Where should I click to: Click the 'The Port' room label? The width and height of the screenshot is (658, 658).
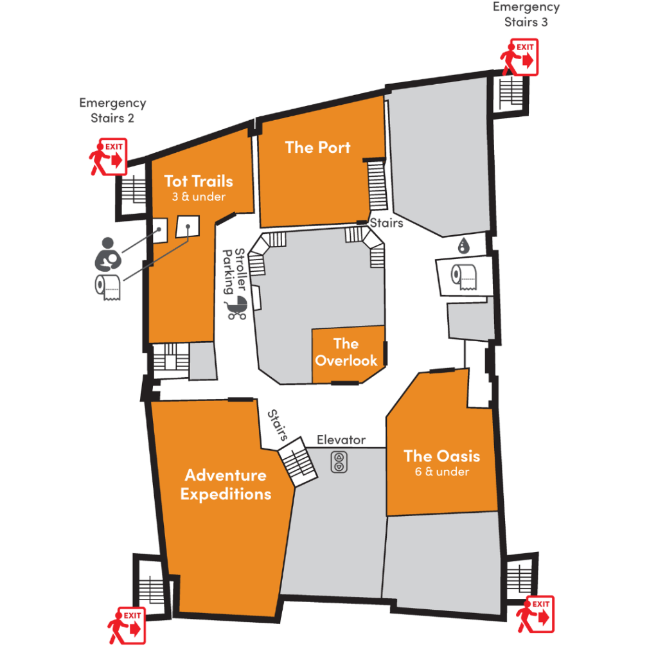click(317, 147)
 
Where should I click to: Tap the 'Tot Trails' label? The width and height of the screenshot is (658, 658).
click(199, 181)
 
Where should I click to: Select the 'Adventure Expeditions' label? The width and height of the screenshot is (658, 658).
click(226, 485)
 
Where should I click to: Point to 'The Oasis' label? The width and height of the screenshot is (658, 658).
click(442, 456)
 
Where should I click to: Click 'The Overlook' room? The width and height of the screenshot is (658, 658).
click(346, 352)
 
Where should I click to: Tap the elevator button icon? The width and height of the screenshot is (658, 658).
click(339, 461)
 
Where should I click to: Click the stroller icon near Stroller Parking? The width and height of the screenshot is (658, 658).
click(238, 307)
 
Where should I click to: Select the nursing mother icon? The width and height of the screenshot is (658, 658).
click(108, 254)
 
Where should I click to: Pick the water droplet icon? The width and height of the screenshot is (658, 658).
click(463, 245)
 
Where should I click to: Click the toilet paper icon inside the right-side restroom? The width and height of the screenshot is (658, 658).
click(464, 276)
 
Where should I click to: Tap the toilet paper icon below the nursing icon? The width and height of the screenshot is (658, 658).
click(108, 287)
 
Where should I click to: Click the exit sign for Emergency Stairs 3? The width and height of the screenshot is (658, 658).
click(519, 57)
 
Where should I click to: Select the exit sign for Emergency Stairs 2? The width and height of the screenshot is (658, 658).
click(108, 157)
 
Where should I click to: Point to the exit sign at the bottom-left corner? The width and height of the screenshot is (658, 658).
click(127, 625)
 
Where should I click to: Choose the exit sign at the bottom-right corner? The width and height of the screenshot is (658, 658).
click(535, 614)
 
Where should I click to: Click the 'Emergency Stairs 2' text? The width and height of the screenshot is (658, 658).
click(112, 111)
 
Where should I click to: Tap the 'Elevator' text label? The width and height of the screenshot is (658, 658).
click(341, 440)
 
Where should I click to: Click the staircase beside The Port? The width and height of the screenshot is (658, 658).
click(377, 184)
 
